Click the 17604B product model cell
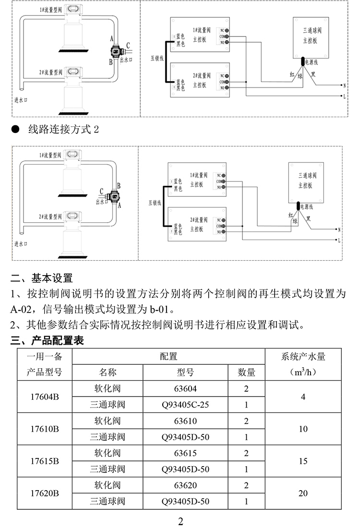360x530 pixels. tap(44, 397)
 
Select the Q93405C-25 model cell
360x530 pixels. tap(185, 405)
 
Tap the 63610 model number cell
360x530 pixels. tap(185, 421)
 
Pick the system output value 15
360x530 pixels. tap(303, 461)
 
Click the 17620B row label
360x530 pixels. tap(44, 493)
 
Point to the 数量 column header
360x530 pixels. tap(246, 373)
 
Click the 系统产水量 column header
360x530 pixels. tap(303, 357)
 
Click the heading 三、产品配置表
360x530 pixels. tap(47, 341)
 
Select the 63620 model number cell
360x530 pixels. tap(185, 485)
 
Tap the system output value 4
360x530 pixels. tap(303, 397)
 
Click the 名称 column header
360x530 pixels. tap(108, 373)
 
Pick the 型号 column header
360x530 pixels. tap(185, 373)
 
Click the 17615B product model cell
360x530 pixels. tap(44, 461)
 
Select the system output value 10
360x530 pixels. tap(303, 429)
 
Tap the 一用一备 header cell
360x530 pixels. tap(44, 357)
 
